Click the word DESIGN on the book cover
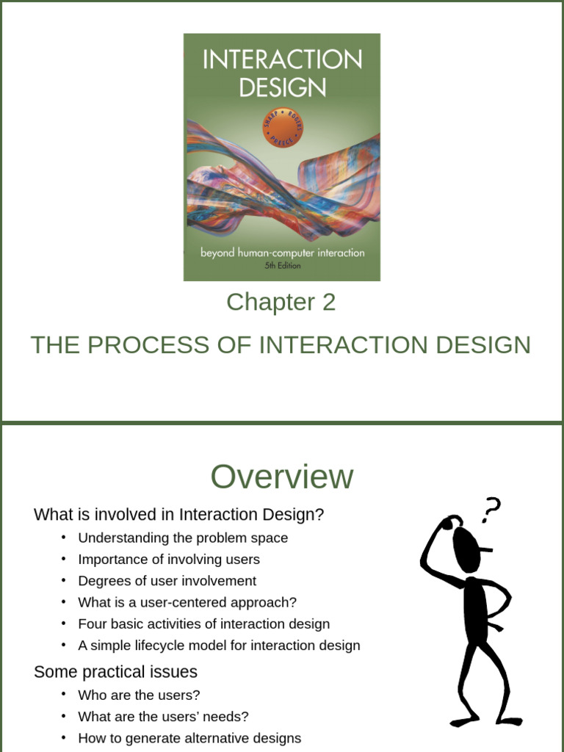(282, 87)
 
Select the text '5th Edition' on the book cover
(282, 265)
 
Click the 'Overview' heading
(282, 477)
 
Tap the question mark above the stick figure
(491, 509)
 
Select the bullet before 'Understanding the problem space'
(64, 538)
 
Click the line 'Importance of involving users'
(169, 560)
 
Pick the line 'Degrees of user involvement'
(167, 581)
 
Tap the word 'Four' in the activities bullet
(93, 623)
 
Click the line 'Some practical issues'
(115, 672)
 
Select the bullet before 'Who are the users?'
(64, 695)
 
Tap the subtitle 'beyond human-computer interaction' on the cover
(282, 253)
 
